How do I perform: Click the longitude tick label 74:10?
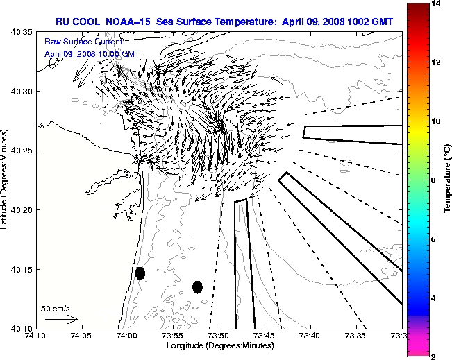pos(35,336)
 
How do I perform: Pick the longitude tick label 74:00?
pos(127,336)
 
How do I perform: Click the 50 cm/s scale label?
pos(55,308)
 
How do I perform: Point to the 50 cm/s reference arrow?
pos(62,320)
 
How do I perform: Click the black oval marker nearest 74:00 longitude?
pos(140,273)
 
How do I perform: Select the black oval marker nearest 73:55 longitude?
pos(197,286)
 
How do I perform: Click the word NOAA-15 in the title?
pos(130,22)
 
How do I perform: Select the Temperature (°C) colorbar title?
pos(448,180)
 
